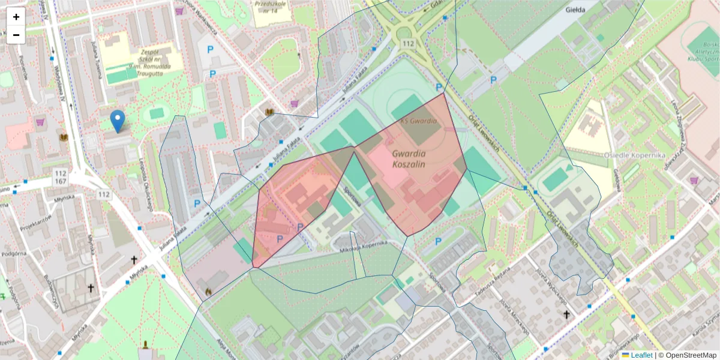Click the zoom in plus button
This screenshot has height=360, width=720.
(x=16, y=17)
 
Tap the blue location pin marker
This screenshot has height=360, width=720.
(x=118, y=121)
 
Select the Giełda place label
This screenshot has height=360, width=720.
(x=575, y=10)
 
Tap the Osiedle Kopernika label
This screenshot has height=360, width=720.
(x=639, y=155)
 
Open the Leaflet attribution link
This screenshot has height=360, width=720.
(x=641, y=355)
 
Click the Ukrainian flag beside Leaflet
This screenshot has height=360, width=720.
(x=625, y=355)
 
